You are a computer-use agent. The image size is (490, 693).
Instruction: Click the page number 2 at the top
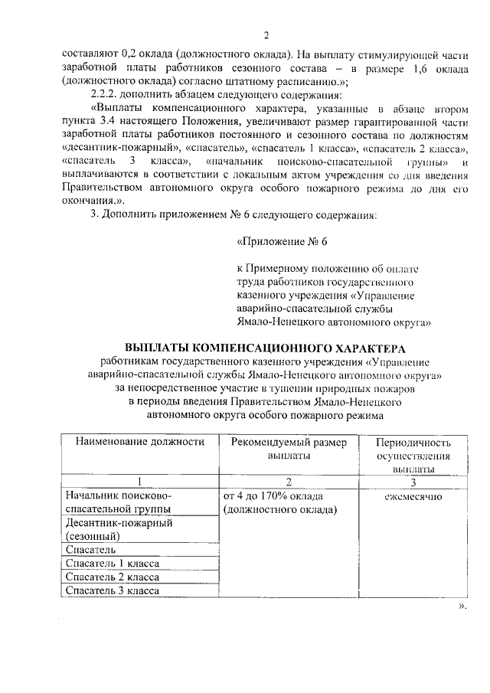click(x=266, y=35)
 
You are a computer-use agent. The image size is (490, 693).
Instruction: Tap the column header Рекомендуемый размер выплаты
click(x=289, y=448)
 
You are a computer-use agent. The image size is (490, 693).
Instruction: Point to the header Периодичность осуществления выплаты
click(x=413, y=455)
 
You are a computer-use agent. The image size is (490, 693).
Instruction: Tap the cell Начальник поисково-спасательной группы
click(x=118, y=502)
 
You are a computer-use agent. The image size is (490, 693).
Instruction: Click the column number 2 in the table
click(x=289, y=482)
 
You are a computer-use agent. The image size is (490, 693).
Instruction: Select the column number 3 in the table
click(x=413, y=482)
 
